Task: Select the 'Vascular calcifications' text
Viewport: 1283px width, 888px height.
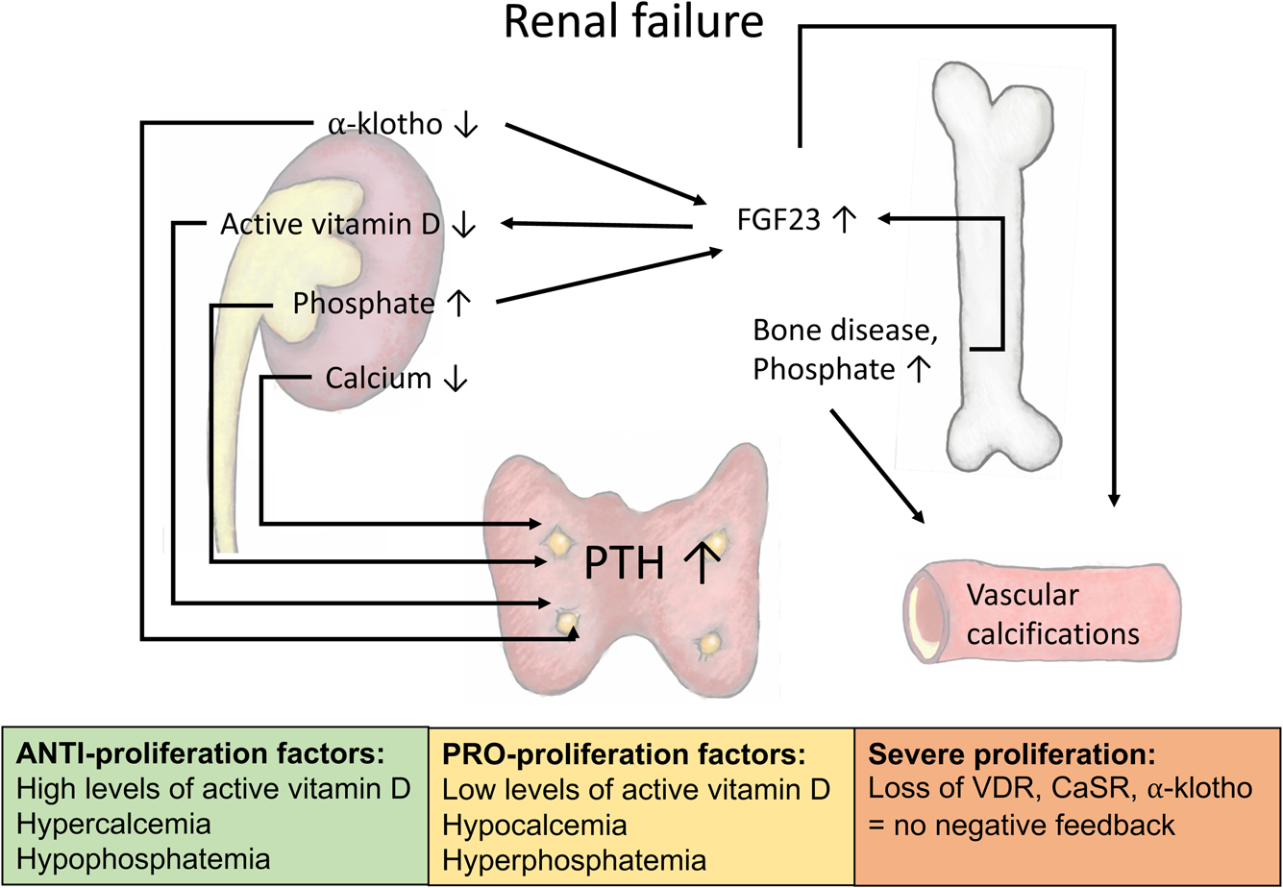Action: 1052,615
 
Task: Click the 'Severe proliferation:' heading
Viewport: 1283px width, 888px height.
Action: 1011,752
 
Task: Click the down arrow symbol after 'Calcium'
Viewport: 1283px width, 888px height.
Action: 455,379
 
